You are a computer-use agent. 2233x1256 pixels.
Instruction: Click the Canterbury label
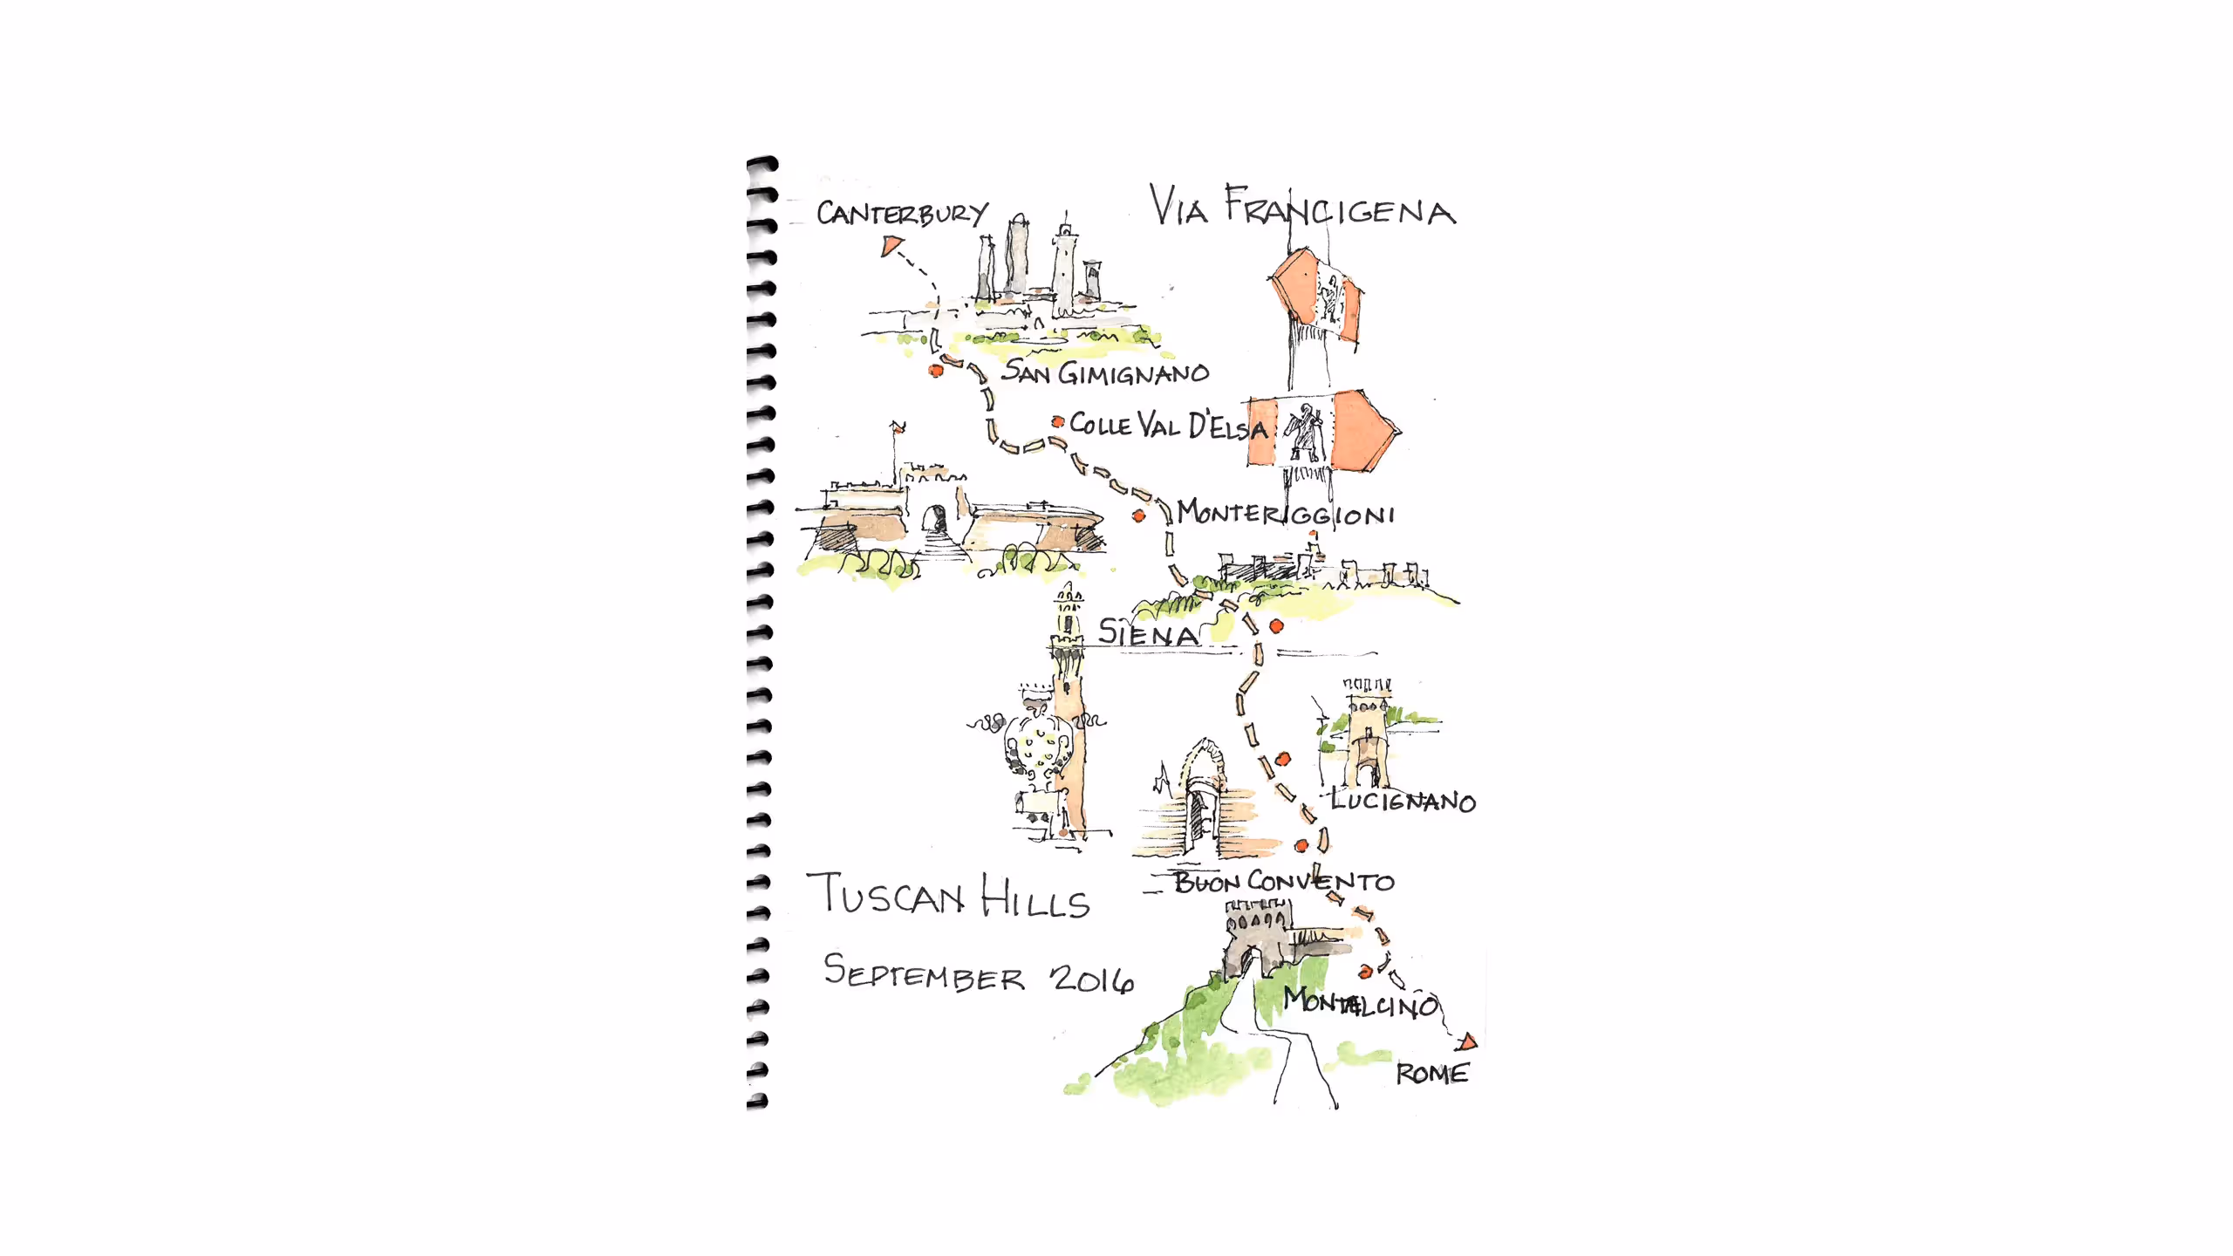902,214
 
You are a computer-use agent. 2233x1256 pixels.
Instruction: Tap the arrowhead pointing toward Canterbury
889,246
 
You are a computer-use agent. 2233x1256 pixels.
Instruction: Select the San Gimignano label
1105,372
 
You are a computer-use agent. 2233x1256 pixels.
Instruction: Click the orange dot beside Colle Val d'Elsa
1058,422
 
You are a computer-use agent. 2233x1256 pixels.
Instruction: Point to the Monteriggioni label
1286,513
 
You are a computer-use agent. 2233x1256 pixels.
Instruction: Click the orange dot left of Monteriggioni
1138,516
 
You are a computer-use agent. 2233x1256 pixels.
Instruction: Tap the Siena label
1148,632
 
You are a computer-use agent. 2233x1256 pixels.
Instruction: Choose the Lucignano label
1403,801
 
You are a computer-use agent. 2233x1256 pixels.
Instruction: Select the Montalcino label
1360,1002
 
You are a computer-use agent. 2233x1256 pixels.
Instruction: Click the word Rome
1432,1074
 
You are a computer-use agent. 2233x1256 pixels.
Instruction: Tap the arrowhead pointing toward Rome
1468,1041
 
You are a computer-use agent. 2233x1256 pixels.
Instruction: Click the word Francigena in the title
1340,209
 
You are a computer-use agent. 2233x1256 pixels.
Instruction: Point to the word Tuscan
886,896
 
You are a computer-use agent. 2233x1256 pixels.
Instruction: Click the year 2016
1092,979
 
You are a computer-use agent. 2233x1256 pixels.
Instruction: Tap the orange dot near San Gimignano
936,370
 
